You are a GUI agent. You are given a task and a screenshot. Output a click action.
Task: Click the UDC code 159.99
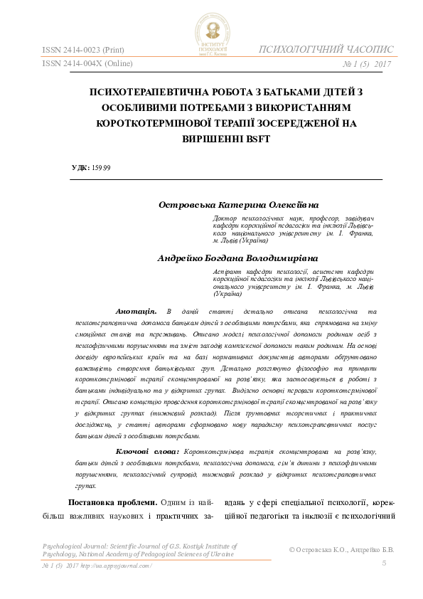click(x=101, y=168)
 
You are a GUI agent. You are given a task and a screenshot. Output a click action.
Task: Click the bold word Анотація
click(x=136, y=312)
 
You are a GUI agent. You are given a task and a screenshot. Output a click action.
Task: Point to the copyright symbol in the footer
click(x=294, y=550)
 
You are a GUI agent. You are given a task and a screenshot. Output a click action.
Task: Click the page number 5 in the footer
click(x=384, y=563)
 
